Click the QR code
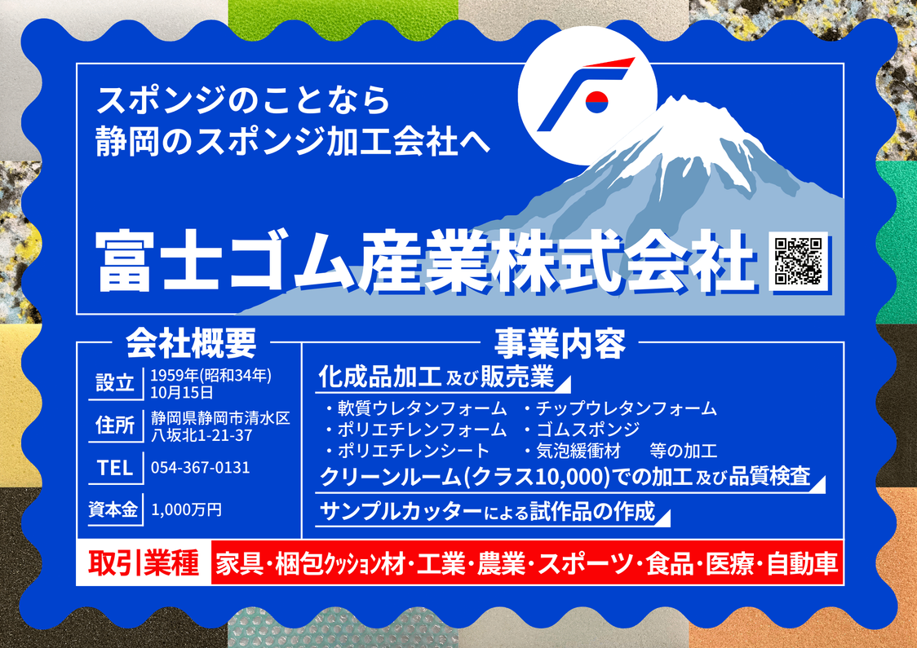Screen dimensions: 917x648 click(799, 261)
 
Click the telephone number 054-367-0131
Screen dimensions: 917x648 click(201, 467)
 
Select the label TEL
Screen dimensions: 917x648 click(115, 468)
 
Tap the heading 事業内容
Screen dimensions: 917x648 click(560, 343)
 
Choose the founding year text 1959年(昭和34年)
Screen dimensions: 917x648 click(211, 376)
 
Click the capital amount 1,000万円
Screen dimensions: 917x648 click(187, 509)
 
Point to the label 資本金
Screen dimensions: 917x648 click(113, 509)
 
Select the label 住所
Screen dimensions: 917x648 click(115, 425)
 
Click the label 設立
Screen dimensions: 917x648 click(115, 383)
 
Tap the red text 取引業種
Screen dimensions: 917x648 click(144, 563)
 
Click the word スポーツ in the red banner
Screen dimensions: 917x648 click(586, 564)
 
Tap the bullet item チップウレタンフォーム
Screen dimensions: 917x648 click(627, 408)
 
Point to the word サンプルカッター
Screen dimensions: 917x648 click(401, 512)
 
